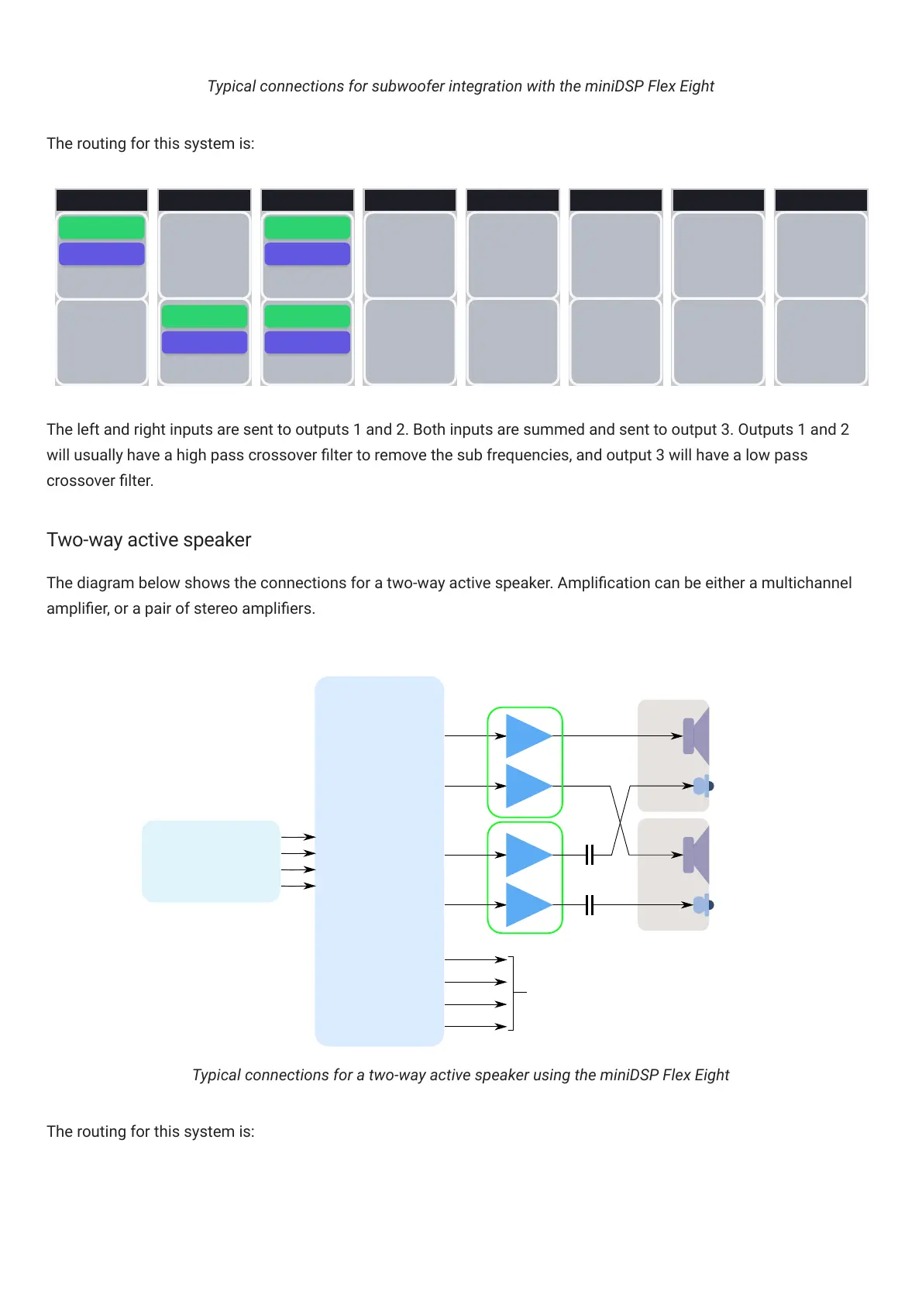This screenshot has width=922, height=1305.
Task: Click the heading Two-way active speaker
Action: pyautogui.click(x=149, y=540)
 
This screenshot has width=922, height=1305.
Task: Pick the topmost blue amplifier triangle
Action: pyautogui.click(x=527, y=735)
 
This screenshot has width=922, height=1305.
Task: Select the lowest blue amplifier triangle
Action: pyautogui.click(x=527, y=904)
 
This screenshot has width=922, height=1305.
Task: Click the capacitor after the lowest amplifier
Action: pyautogui.click(x=589, y=904)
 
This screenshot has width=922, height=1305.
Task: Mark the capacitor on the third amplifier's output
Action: pyautogui.click(x=589, y=855)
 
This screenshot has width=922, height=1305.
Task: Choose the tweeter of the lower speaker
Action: pyautogui.click(x=702, y=904)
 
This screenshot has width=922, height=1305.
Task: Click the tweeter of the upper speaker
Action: pyautogui.click(x=702, y=786)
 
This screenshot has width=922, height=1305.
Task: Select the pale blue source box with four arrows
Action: pyautogui.click(x=211, y=861)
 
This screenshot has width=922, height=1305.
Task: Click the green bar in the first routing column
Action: pyautogui.click(x=101, y=228)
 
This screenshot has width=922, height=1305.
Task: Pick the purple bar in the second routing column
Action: pyautogui.click(x=205, y=343)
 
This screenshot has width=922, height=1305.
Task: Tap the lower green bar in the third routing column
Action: pyautogui.click(x=308, y=316)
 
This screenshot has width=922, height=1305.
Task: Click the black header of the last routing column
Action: pyautogui.click(x=821, y=200)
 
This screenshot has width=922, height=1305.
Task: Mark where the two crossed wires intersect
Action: pyautogui.click(x=621, y=821)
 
